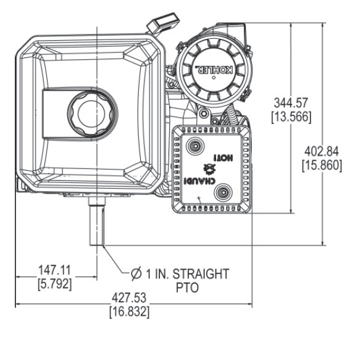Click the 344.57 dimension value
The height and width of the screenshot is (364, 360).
click(x=291, y=103)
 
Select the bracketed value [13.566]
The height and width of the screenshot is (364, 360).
click(x=291, y=117)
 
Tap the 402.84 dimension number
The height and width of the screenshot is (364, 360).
click(x=322, y=152)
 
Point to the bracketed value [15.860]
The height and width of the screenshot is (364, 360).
click(x=322, y=165)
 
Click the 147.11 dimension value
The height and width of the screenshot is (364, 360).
click(x=54, y=270)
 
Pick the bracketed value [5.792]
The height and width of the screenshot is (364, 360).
click(x=54, y=284)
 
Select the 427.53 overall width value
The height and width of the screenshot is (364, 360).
click(x=129, y=298)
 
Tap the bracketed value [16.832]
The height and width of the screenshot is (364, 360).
click(x=130, y=312)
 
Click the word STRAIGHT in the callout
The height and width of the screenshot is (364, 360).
click(x=201, y=274)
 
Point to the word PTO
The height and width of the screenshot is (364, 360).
click(x=187, y=287)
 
